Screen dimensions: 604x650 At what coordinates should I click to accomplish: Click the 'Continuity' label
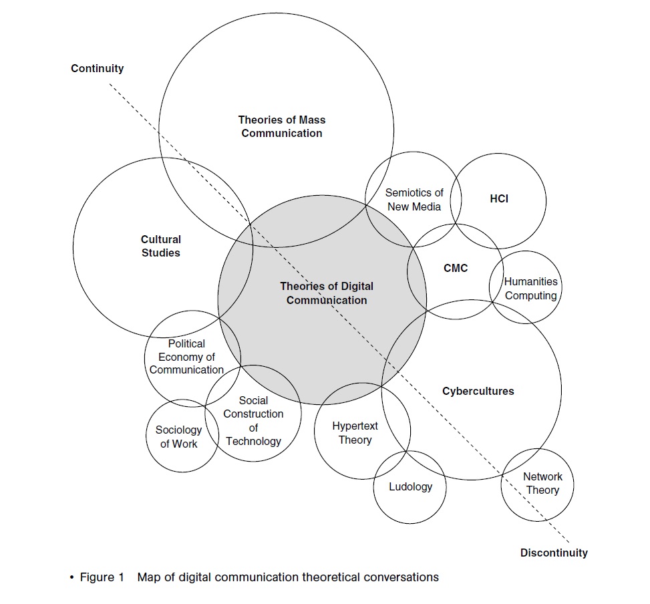98,68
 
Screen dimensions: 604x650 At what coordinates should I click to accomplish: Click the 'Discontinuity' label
554,553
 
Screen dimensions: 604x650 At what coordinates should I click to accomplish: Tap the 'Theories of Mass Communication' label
282,126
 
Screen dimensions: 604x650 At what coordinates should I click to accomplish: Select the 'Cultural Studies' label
161,246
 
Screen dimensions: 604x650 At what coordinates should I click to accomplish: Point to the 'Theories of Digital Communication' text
327,293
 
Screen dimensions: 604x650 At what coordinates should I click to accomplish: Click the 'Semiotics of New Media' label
414,200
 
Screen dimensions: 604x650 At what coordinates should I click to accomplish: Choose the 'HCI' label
499,198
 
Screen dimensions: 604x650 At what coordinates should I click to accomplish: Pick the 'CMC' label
456,268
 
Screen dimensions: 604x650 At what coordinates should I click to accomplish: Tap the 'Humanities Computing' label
531,289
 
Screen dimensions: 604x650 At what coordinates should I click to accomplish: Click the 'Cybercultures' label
478,391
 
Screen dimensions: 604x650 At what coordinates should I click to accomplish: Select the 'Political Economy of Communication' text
187,357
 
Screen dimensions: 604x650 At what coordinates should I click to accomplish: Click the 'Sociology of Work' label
179,437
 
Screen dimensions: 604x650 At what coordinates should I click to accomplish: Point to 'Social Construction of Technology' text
253,420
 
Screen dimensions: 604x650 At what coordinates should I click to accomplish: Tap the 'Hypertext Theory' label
355,433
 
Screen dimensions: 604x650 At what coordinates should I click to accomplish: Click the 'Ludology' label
410,486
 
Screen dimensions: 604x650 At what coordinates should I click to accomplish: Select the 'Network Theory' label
542,483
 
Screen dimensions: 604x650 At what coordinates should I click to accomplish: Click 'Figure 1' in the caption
102,577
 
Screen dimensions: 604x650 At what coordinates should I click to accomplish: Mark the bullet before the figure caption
71,577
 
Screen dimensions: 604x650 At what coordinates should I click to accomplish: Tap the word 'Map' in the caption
148,577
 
